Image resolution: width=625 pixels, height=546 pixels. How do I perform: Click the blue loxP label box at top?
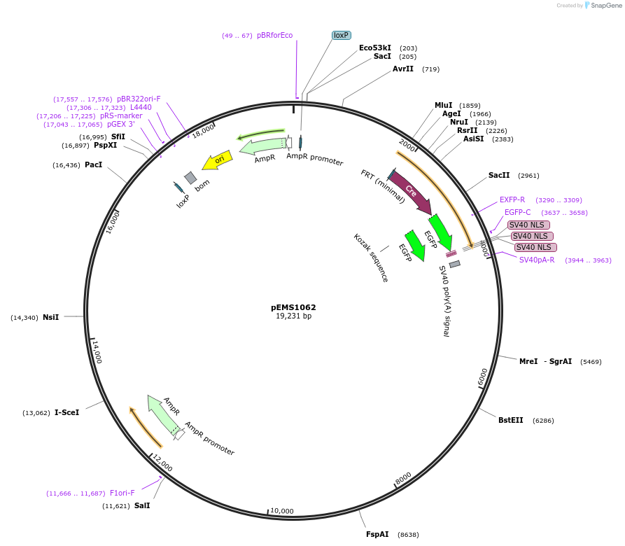point(341,35)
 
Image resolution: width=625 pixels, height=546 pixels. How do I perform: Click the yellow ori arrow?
point(217,161)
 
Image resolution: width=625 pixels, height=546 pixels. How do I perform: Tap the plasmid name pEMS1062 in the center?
point(293,307)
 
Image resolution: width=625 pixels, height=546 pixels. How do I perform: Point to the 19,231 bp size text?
point(293,316)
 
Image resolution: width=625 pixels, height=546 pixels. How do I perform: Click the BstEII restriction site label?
point(510,420)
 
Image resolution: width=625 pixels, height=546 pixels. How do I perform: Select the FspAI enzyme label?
point(377,534)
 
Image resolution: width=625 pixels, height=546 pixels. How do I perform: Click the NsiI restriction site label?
point(50,317)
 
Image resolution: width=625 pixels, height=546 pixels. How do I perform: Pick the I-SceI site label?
point(66,412)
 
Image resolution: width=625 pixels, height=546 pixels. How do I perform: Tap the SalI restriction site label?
point(142,505)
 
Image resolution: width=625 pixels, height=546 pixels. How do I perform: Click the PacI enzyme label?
point(93,164)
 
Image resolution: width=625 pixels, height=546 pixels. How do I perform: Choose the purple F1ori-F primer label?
point(122,493)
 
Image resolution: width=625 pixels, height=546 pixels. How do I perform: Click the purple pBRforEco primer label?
point(274,35)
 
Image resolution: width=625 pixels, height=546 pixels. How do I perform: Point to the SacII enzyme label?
point(499,175)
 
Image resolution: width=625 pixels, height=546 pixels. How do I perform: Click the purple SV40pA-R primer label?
point(537,260)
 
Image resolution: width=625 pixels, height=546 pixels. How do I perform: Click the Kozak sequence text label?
point(371,257)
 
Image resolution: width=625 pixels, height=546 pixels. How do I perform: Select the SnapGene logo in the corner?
point(602,5)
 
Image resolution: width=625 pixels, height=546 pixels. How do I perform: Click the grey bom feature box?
point(190,178)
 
